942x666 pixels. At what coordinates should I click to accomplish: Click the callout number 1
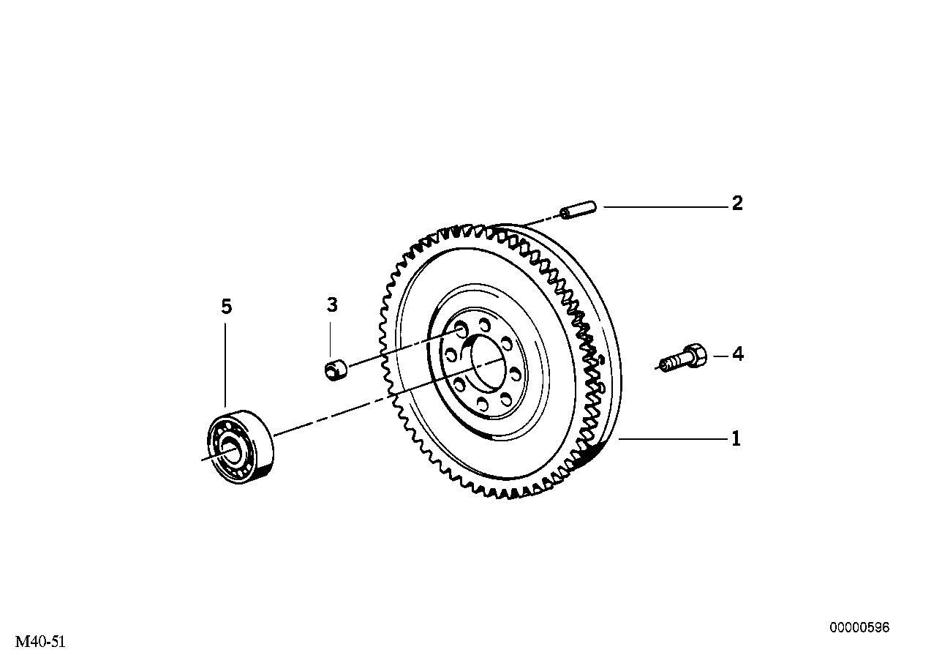(x=736, y=439)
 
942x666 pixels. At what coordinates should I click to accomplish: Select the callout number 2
(x=737, y=203)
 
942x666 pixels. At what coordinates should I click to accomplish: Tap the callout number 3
(x=332, y=305)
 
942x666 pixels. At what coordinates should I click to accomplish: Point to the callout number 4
(x=738, y=355)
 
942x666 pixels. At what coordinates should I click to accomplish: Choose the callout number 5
(x=226, y=307)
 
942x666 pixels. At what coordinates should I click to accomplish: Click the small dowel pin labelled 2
(x=579, y=210)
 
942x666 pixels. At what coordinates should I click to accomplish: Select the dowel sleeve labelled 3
(x=336, y=369)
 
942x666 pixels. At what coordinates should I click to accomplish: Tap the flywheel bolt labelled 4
(x=683, y=359)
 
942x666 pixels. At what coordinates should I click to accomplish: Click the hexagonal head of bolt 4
(x=695, y=356)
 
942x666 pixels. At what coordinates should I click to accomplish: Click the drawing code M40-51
(x=41, y=642)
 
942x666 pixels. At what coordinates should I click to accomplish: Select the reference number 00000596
(x=859, y=628)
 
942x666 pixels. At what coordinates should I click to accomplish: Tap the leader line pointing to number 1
(x=673, y=439)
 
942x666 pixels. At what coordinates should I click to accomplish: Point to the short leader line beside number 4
(x=720, y=356)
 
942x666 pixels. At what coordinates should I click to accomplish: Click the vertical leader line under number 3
(x=331, y=337)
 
